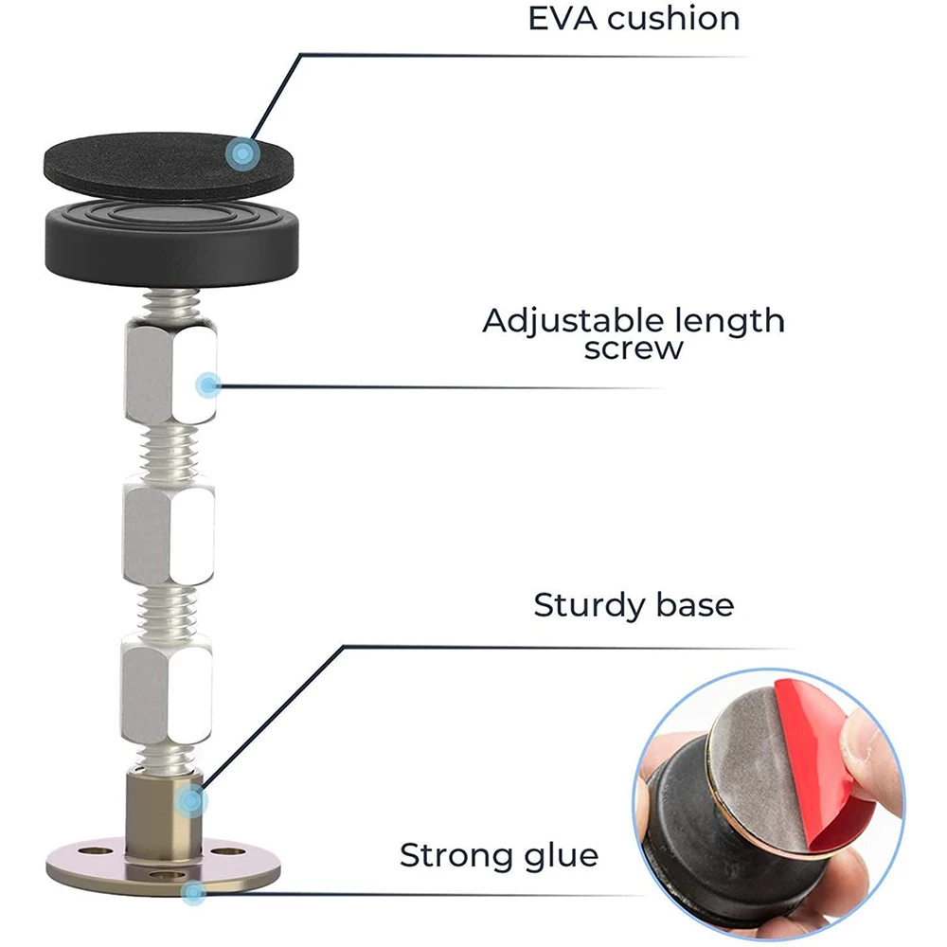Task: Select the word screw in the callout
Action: coord(634,348)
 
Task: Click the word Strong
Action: coord(455,856)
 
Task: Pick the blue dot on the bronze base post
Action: coord(193,801)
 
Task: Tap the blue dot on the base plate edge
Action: coord(194,891)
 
